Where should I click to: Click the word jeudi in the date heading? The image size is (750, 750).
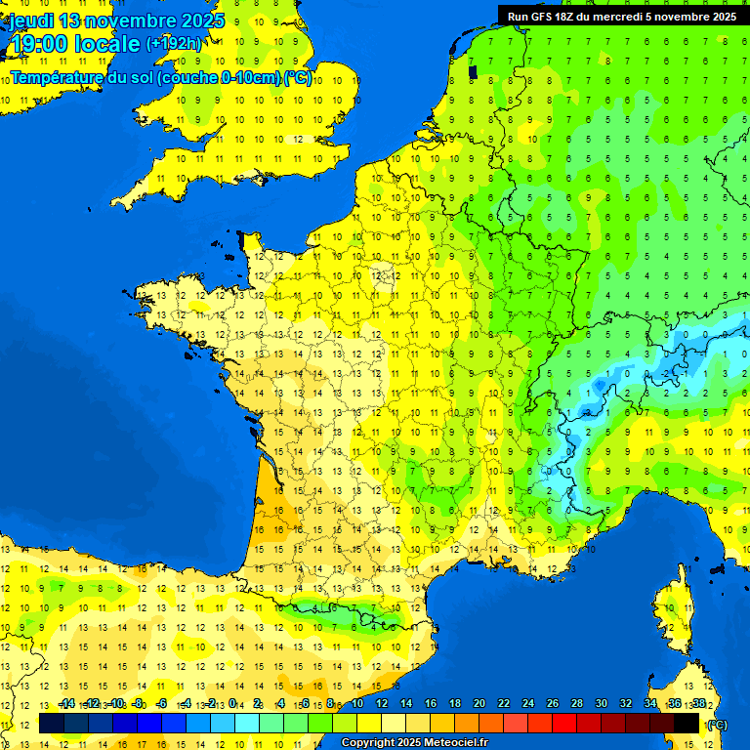click(x=30, y=21)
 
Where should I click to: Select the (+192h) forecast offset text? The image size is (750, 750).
click(x=174, y=44)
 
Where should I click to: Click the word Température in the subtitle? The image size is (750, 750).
click(x=60, y=78)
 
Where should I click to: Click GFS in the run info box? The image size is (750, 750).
click(x=547, y=17)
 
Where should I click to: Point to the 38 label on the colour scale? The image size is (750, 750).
click(x=698, y=704)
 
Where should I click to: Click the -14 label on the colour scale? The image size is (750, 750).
click(x=66, y=704)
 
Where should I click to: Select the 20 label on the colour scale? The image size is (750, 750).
click(x=479, y=704)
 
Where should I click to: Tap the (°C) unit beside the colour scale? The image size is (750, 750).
click(x=718, y=725)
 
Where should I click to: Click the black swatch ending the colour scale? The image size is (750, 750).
click(x=687, y=723)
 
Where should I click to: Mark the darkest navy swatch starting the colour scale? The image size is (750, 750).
click(x=52, y=723)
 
